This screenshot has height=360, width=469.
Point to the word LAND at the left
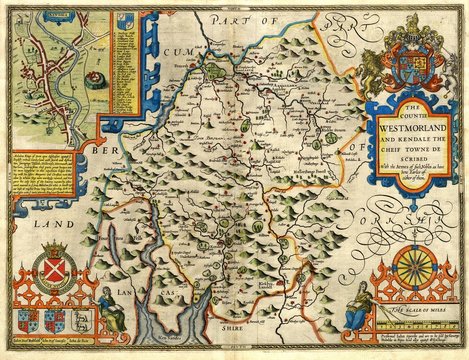(34, 227)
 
